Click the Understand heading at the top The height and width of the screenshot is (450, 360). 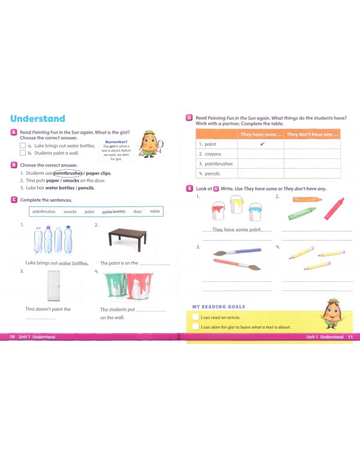coord(37,119)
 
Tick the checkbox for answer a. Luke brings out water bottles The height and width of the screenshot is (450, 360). coord(23,146)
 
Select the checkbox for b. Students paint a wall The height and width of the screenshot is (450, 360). coord(23,153)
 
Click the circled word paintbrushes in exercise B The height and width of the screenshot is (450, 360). coord(67,173)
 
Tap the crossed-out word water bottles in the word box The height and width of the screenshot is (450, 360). coord(113,211)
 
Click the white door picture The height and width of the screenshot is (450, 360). coord(55,286)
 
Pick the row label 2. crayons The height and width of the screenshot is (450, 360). coord(209,154)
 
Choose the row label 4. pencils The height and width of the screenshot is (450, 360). coord(209,173)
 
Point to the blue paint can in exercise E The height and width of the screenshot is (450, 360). coord(256,213)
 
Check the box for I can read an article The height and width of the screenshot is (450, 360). coord(195,317)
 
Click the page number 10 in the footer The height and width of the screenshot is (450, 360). coord(12,337)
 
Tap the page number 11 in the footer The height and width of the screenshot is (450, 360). coord(350,337)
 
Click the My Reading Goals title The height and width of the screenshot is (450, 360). coord(218,307)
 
